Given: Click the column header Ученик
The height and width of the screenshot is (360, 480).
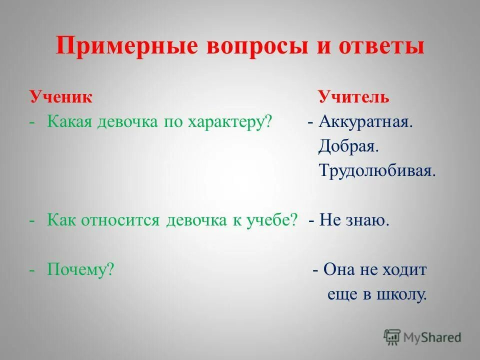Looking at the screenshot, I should pos(60,96).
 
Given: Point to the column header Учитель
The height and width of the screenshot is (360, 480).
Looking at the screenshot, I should pos(353,96).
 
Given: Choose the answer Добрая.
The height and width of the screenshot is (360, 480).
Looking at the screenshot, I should pos(348,146).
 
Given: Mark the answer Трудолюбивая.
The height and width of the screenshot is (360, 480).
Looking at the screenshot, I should pos(377,171).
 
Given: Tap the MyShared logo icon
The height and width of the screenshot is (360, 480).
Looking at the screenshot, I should pos(392,337).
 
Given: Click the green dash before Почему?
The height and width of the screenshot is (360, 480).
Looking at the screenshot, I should pos(32,270).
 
